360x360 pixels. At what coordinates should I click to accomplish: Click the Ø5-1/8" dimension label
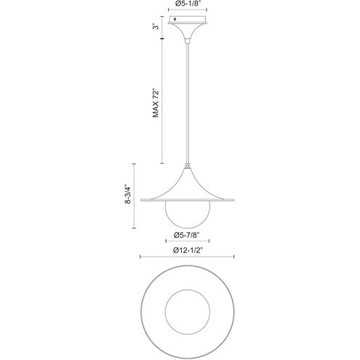point(188,4)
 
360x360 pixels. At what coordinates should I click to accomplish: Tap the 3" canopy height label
point(157,26)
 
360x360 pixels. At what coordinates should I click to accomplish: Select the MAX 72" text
point(156,103)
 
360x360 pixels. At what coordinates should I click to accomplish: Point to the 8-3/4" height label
point(127,194)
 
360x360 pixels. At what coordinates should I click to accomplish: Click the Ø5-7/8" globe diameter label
point(187,235)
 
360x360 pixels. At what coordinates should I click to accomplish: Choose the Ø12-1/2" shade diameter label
point(188,250)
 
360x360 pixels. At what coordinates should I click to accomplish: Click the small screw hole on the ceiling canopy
point(175,19)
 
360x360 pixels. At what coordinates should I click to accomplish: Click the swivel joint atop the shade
point(187,166)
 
